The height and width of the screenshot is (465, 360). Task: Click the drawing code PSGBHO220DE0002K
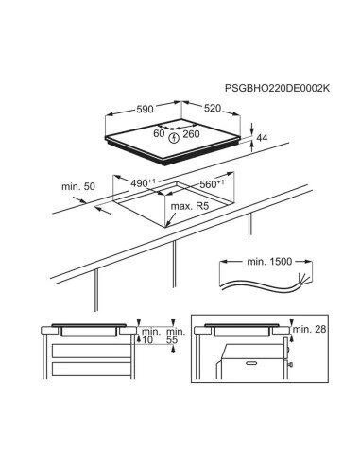click(277, 88)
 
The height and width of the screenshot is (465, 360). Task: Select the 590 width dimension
click(145, 109)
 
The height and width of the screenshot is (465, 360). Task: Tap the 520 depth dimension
click(213, 108)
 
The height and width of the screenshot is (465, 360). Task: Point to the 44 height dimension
click(262, 138)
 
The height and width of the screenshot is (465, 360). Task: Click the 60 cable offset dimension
click(159, 133)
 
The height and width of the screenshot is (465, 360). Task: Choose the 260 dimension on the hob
click(192, 134)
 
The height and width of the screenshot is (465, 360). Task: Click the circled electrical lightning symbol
click(174, 138)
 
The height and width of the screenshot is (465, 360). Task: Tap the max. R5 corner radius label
click(190, 207)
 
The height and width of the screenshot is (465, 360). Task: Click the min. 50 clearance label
click(78, 186)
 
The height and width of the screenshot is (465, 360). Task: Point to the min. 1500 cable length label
click(269, 261)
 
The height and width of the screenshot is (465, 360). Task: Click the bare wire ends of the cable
click(305, 279)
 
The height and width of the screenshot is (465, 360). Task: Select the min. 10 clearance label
click(149, 336)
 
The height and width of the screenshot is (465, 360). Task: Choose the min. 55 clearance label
click(176, 336)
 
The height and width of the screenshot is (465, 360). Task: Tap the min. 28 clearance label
click(310, 329)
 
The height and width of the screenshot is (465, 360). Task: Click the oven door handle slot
click(251, 363)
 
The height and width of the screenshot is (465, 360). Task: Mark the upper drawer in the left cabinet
click(91, 351)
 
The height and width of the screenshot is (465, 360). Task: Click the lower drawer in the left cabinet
click(91, 369)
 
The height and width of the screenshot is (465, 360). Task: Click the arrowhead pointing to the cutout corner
click(168, 224)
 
